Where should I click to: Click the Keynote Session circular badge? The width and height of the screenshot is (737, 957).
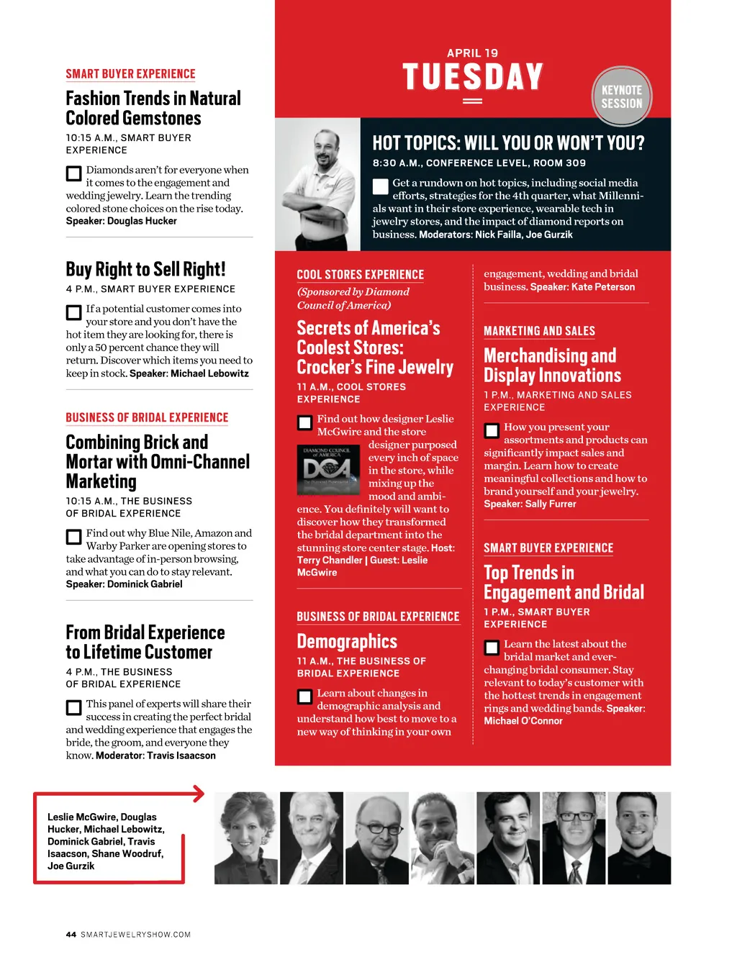click(622, 97)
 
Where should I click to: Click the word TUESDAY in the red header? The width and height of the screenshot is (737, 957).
click(472, 77)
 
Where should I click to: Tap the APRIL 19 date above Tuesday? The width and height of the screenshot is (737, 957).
click(472, 53)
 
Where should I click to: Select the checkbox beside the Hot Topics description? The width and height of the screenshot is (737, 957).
click(381, 186)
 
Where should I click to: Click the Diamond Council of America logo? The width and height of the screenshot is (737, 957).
click(327, 469)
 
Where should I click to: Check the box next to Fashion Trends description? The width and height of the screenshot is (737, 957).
click(73, 173)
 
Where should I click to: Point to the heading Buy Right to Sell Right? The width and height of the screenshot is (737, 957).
click(145, 269)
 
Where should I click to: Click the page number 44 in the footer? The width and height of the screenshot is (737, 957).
click(71, 935)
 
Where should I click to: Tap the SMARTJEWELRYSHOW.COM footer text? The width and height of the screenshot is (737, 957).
click(135, 935)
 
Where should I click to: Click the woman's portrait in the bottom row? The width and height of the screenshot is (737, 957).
click(245, 838)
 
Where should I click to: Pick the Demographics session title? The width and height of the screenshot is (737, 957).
click(347, 641)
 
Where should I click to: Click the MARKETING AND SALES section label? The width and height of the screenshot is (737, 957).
click(539, 331)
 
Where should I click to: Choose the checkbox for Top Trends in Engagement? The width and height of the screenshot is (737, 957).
click(492, 648)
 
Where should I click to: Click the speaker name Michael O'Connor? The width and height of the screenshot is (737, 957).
click(523, 721)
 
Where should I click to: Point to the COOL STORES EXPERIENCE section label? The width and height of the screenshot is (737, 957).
click(360, 275)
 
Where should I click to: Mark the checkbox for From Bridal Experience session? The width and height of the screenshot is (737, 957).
click(73, 707)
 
